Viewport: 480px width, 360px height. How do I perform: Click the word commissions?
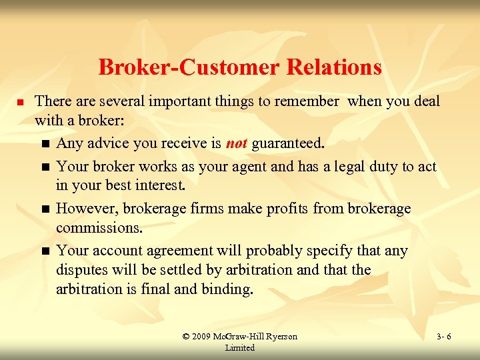click(99, 228)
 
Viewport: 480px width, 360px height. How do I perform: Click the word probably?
click(278, 251)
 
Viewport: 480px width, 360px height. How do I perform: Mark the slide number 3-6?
click(443, 337)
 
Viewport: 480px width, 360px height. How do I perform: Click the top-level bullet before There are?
click(20, 102)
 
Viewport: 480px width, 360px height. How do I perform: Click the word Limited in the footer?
click(240, 347)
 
